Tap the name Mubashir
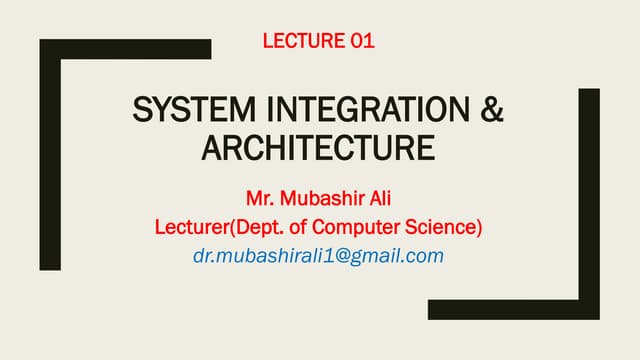pyautogui.click(x=319, y=193)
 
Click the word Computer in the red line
pyautogui.click(x=364, y=227)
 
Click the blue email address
pyautogui.click(x=318, y=256)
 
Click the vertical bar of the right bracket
pyautogui.click(x=589, y=200)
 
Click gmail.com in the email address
pyautogui.click(x=400, y=256)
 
